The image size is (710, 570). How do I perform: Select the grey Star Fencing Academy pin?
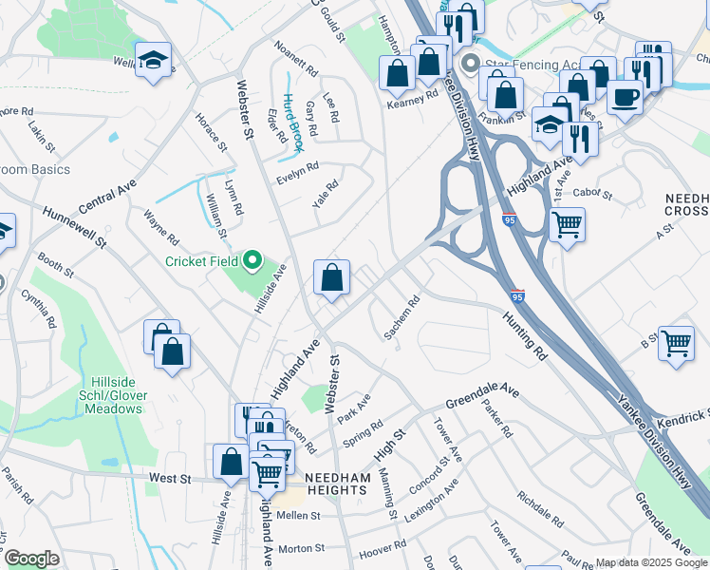coord(469,65)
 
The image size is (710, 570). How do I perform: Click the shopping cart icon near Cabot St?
coord(567,226)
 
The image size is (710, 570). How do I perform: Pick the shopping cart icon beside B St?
coord(676,343)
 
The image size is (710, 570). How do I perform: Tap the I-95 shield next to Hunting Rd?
coord(516,296)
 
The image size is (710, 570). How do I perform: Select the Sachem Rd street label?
coord(402,318)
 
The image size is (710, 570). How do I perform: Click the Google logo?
coord(31,559)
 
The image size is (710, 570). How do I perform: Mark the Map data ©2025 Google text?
coord(651,562)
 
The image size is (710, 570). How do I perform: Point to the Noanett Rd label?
coord(296,59)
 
